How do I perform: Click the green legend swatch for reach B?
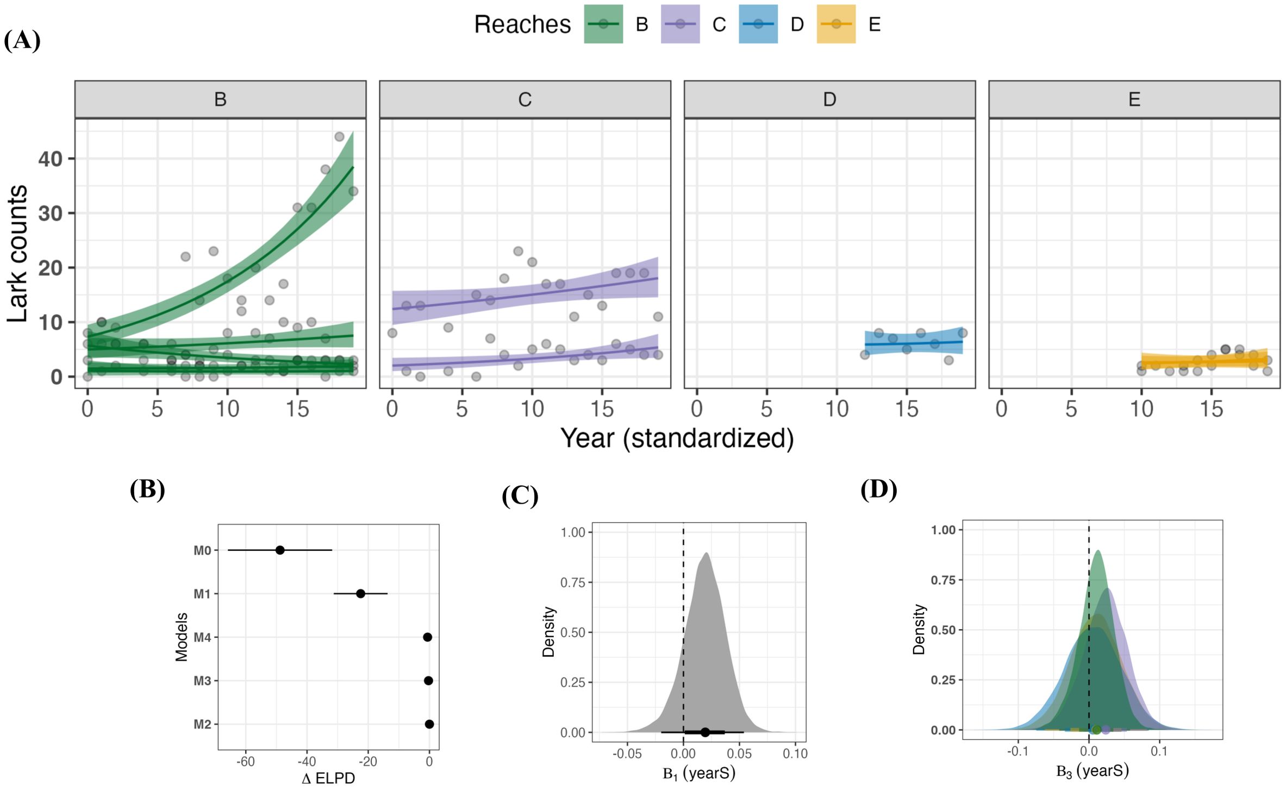pos(603,24)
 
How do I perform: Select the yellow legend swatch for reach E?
pos(836,24)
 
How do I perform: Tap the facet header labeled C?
pos(525,99)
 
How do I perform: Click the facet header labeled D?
pos(829,99)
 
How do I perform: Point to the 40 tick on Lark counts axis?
pos(50,159)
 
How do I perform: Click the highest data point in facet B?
pos(339,136)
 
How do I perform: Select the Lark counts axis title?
pos(17,253)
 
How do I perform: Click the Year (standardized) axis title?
pos(677,438)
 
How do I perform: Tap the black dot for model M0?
pos(280,550)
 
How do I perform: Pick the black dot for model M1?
pos(360,593)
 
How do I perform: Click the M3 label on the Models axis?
pos(202,681)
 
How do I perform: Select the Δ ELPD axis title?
pos(328,778)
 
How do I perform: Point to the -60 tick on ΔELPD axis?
pos(245,762)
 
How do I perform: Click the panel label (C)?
pos(520,496)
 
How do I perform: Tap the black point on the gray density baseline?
pos(705,732)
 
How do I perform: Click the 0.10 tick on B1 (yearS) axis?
pos(795,754)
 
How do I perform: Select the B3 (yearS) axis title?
pos(1092,771)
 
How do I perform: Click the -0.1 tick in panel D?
pos(1017,751)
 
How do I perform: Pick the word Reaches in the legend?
pos(522,24)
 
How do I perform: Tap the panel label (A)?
pos(22,40)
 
